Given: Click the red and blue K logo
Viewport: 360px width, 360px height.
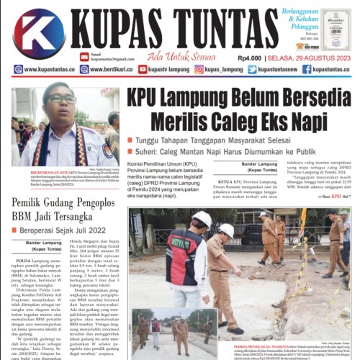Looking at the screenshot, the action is pos(38,34).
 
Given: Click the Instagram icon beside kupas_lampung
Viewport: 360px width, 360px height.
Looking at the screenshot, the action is pos(199,69).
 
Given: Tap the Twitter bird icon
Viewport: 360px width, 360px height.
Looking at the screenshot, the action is pos(252,69).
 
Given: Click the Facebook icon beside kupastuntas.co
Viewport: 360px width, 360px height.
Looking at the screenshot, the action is pos(307,69).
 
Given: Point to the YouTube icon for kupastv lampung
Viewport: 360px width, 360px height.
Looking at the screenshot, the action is pos(143,69).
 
